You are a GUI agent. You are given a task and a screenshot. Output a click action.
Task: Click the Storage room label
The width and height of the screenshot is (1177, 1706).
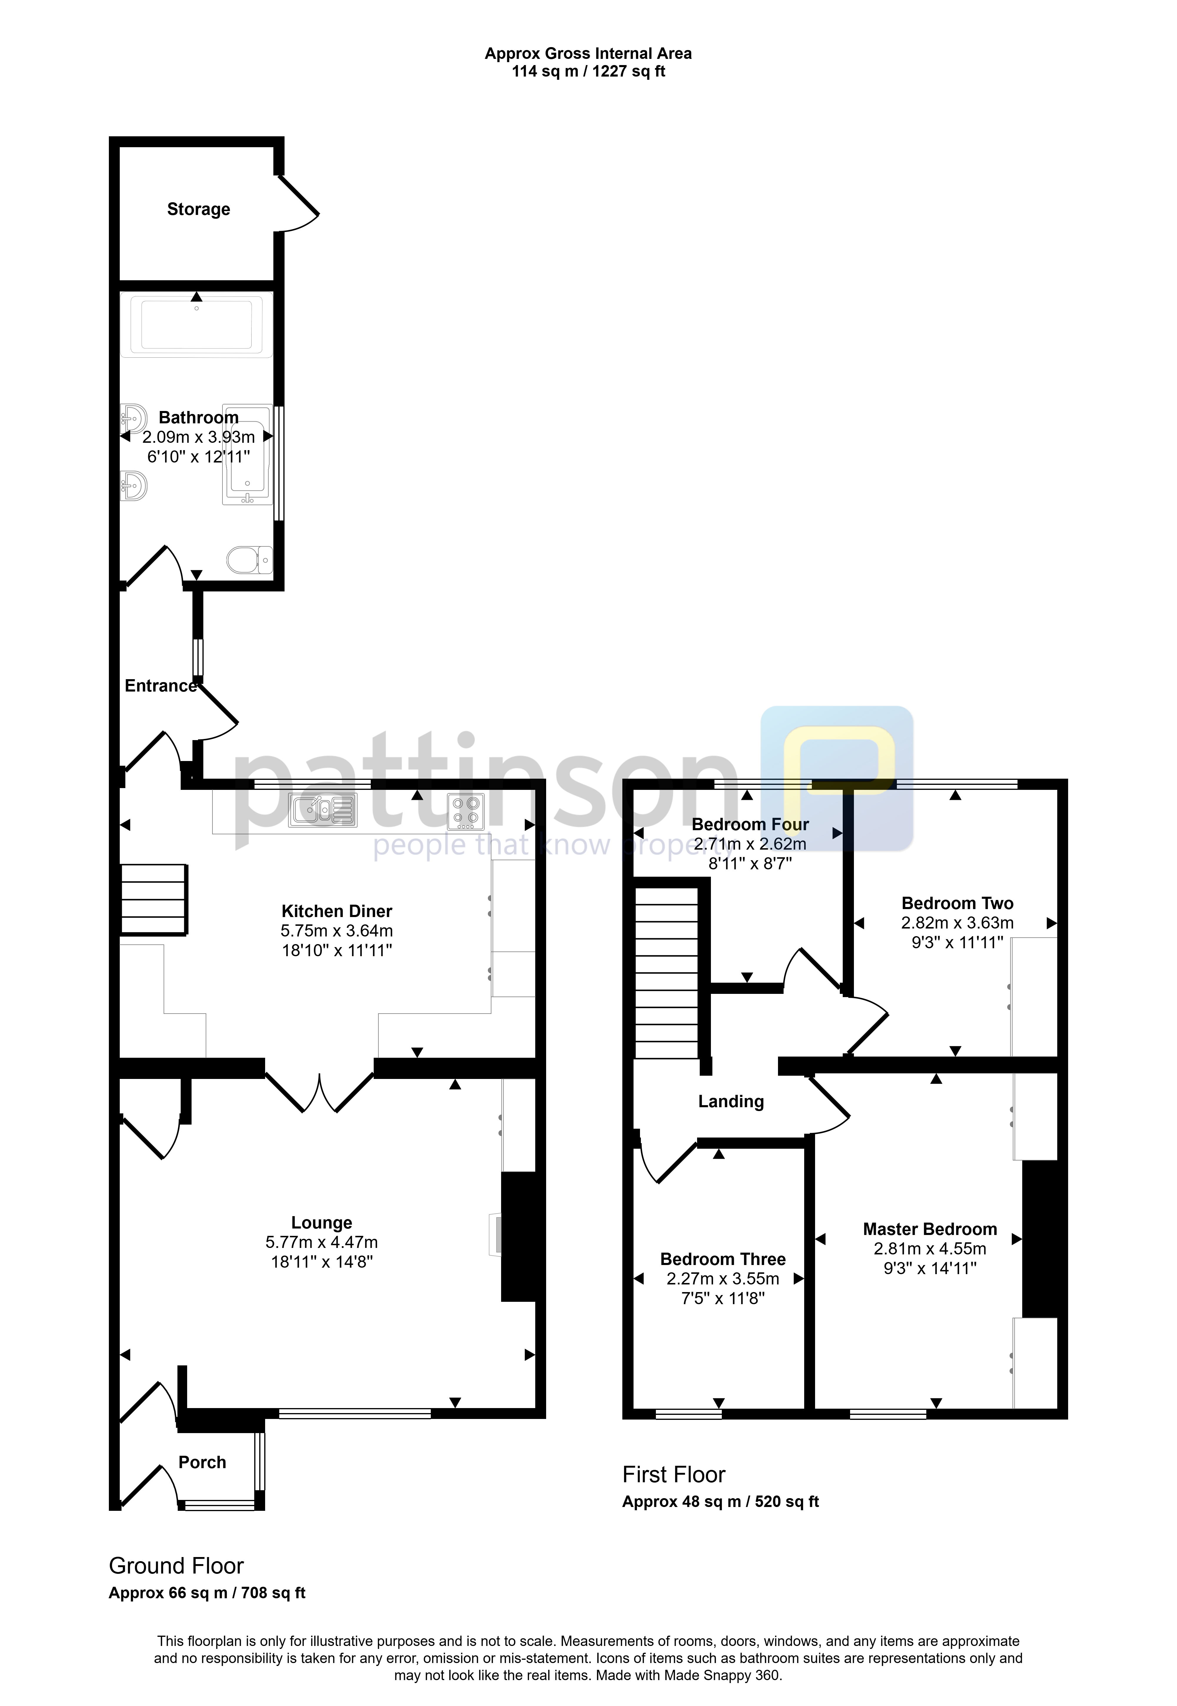point(198,210)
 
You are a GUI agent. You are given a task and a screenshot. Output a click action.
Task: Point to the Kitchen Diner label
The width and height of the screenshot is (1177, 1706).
point(337,911)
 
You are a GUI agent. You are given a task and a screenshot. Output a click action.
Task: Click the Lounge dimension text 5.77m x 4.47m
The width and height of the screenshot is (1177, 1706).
point(322,1243)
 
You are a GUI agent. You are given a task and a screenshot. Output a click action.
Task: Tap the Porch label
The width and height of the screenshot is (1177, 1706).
point(202,1463)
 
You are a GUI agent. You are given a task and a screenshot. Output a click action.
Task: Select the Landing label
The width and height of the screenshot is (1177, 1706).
point(731,1102)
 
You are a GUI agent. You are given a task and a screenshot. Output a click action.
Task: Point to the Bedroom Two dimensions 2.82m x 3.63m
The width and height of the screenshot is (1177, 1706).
point(957,923)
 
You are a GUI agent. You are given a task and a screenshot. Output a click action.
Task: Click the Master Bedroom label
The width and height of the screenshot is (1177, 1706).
point(930,1229)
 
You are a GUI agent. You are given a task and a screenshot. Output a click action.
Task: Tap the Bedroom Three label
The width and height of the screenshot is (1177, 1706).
point(723,1260)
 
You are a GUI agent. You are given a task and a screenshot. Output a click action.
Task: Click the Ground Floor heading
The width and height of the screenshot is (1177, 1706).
point(176,1566)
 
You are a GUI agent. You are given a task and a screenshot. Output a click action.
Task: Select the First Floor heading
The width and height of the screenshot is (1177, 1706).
point(674,1474)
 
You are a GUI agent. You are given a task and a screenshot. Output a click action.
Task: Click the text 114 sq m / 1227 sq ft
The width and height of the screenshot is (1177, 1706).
point(588,72)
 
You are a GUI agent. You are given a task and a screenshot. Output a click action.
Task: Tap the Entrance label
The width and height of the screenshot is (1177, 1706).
point(161,686)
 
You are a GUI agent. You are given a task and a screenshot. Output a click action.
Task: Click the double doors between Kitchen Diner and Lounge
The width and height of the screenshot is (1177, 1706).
point(319,1092)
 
